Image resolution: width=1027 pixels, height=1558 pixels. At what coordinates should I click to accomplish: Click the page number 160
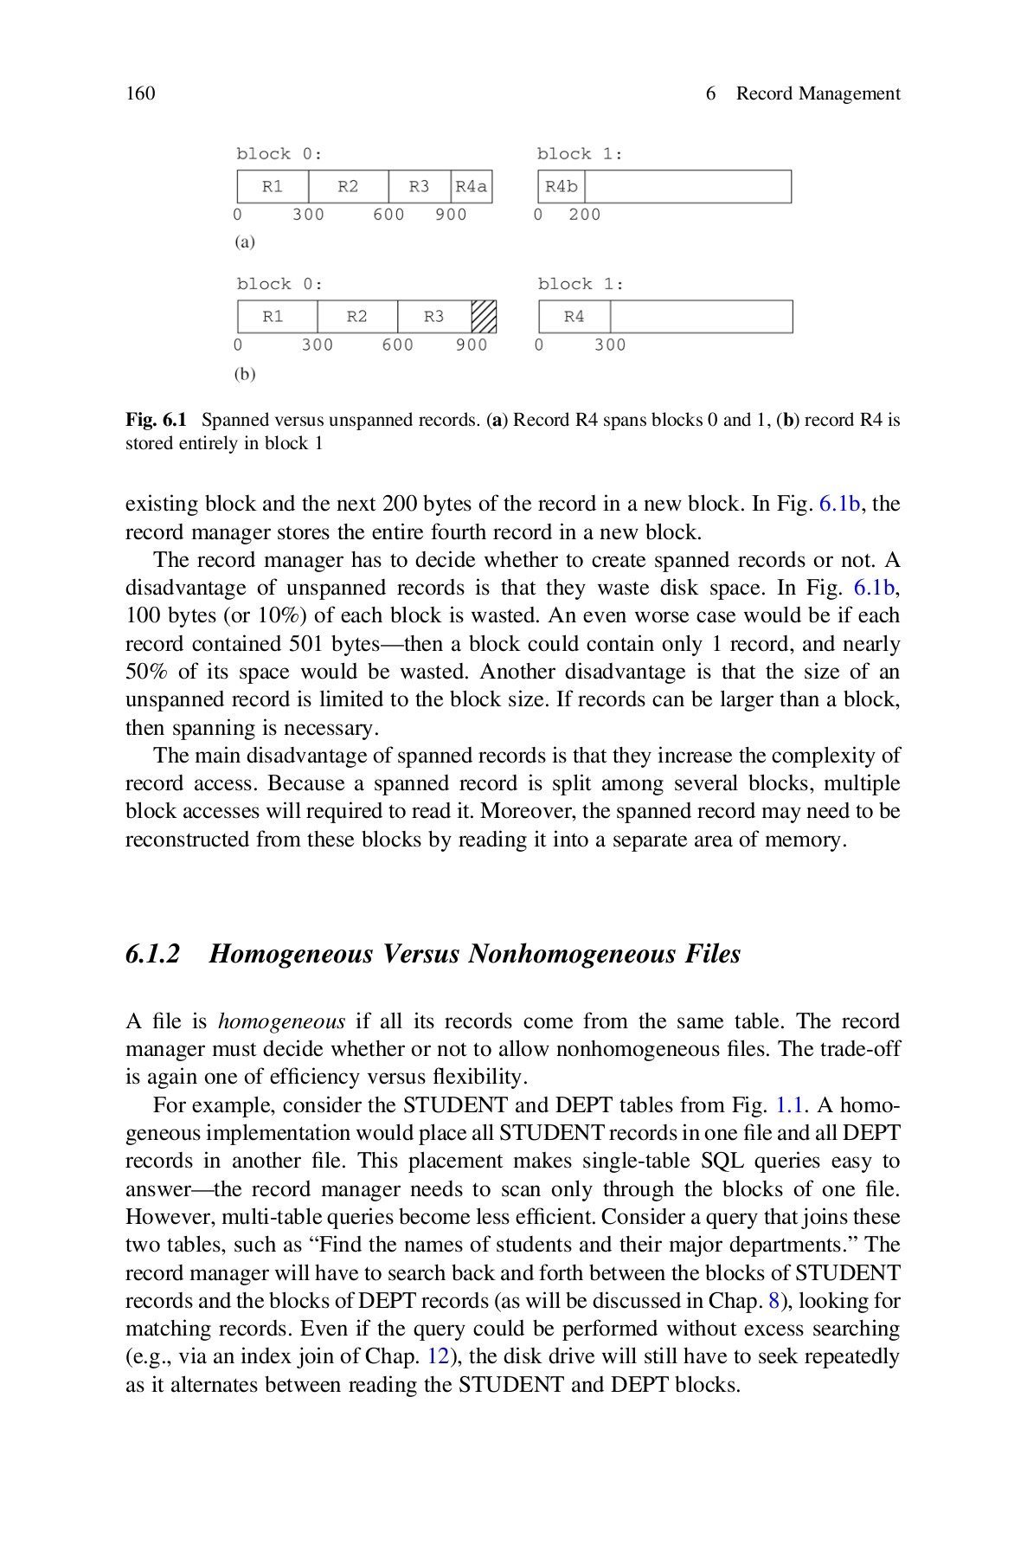pos(140,93)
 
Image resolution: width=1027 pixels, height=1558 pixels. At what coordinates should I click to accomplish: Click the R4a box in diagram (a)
pos(472,187)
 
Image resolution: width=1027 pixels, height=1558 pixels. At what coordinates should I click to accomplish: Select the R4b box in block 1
pos(562,187)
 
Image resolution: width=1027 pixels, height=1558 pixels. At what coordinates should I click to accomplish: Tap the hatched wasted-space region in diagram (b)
pos(484,317)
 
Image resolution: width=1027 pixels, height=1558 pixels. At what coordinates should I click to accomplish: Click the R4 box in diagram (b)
pos(574,317)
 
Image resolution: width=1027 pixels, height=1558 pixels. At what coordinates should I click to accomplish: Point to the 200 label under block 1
pos(584,215)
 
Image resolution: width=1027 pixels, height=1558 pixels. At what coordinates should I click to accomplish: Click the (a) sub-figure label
pos(245,242)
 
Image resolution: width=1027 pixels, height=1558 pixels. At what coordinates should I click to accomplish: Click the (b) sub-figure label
pos(245,374)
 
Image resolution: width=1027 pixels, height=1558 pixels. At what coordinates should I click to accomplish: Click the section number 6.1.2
pos(153,954)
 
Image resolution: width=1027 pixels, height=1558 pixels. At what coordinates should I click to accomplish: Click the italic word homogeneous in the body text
pos(281,1021)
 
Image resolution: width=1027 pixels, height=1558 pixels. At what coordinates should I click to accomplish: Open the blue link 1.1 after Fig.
pos(789,1105)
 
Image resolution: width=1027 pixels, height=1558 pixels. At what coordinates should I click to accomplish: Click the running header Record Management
pos(818,93)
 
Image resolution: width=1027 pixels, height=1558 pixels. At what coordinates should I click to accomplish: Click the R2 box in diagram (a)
pos(348,187)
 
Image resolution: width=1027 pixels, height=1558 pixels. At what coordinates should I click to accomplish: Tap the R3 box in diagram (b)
pos(433,317)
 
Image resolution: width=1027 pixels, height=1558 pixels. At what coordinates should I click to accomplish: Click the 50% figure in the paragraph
pos(148,672)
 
